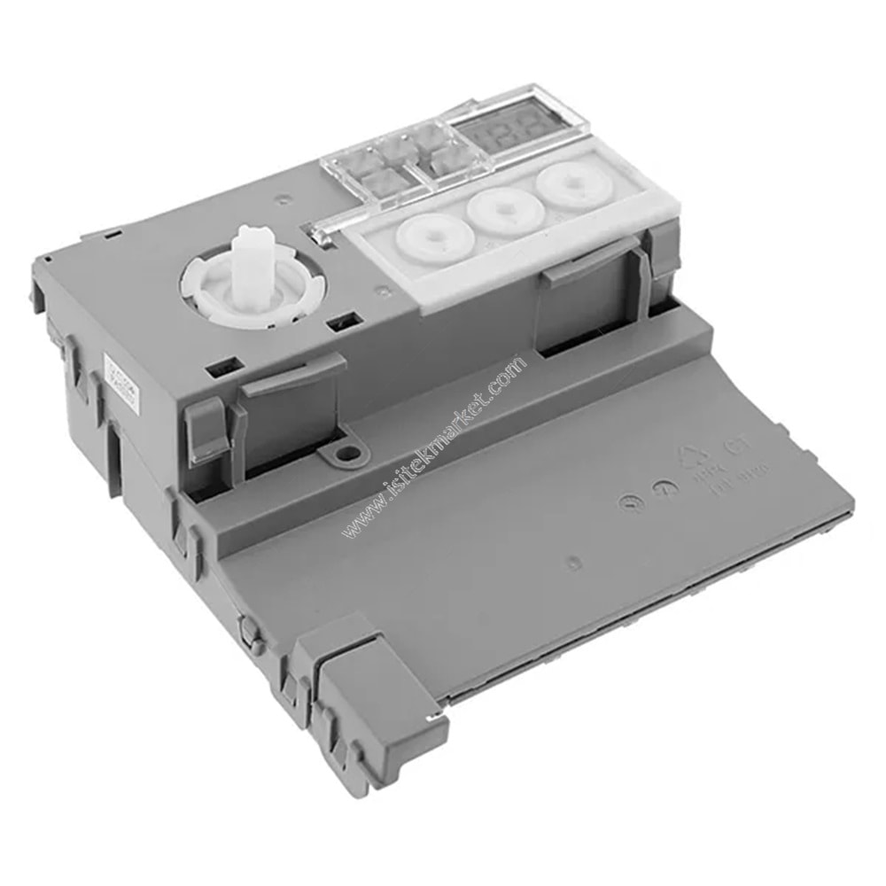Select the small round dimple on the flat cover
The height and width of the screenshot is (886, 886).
(574, 561)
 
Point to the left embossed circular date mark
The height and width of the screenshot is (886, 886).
(627, 501)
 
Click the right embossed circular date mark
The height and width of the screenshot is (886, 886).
(660, 488)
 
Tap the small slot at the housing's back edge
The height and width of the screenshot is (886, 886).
(113, 234)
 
